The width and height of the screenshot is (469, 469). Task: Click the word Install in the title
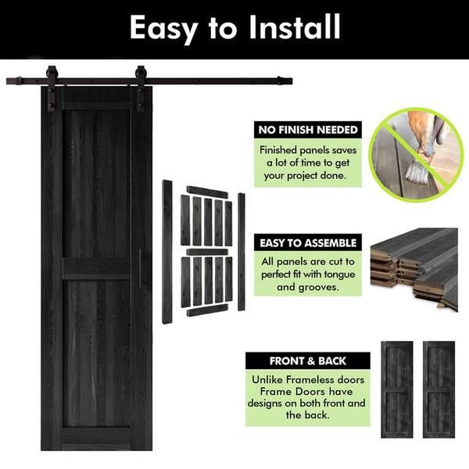(295, 27)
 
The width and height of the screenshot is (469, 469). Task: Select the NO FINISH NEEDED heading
(308, 130)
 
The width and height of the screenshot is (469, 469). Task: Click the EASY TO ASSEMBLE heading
(308, 243)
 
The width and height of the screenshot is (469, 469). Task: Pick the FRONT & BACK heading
(308, 361)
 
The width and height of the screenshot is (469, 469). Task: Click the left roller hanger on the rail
(51, 88)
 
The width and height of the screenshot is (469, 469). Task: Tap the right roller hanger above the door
(140, 88)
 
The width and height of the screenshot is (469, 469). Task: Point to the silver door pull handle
(140, 268)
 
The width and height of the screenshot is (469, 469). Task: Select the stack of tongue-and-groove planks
(414, 267)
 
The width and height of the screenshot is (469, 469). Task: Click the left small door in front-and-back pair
(397, 389)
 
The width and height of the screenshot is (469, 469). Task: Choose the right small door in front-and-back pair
(439, 389)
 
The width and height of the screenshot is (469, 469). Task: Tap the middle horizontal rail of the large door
(96, 269)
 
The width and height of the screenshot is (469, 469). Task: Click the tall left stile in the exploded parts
(167, 252)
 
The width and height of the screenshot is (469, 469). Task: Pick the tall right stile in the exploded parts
(242, 252)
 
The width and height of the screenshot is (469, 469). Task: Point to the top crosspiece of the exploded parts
(207, 192)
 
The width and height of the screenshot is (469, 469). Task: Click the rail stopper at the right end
(280, 81)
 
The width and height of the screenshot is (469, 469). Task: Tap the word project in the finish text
(302, 176)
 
